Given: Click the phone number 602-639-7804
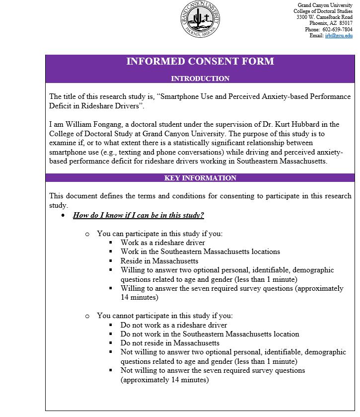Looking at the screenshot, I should [338, 29].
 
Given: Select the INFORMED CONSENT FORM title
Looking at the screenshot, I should [200, 62].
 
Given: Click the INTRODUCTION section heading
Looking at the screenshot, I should [200, 79].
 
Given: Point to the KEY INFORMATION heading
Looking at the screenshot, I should [200, 178].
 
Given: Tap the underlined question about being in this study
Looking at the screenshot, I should [138, 215].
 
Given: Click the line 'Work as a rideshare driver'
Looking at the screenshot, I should [162, 243].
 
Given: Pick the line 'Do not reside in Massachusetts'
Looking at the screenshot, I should [170, 343].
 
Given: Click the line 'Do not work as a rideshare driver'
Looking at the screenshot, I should [173, 325].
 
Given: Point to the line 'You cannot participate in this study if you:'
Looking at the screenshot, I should [164, 316].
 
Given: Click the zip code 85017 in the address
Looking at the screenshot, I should [346, 23].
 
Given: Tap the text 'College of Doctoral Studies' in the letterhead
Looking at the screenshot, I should [323, 11].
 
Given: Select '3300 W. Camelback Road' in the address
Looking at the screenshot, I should [324, 17].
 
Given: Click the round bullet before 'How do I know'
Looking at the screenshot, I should [63, 216].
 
